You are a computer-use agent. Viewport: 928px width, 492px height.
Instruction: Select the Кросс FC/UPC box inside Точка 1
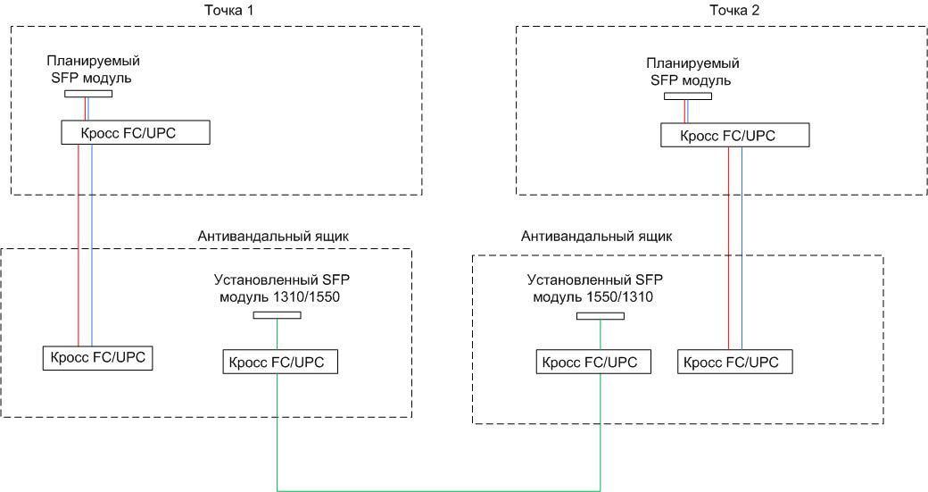click(136, 133)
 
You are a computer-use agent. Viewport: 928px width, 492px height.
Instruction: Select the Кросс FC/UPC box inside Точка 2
click(734, 136)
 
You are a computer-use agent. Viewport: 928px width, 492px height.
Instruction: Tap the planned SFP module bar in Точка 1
click(87, 93)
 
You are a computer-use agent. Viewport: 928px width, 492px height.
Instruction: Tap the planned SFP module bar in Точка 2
click(687, 96)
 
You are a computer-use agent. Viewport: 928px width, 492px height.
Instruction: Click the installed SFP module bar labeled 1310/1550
click(277, 314)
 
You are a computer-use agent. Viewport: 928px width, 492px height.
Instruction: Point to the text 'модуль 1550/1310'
click(591, 296)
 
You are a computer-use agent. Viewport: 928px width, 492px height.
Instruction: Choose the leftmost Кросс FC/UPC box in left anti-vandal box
click(98, 357)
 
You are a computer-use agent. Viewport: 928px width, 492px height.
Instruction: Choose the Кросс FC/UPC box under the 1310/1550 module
click(278, 362)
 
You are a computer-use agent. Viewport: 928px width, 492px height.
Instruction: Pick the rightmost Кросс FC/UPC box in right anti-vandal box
click(734, 362)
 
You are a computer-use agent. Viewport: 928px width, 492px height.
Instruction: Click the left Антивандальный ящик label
click(271, 236)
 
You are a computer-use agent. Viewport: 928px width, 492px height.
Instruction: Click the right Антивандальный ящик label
click(595, 237)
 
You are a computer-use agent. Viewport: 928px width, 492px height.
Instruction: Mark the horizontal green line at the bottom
click(437, 489)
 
